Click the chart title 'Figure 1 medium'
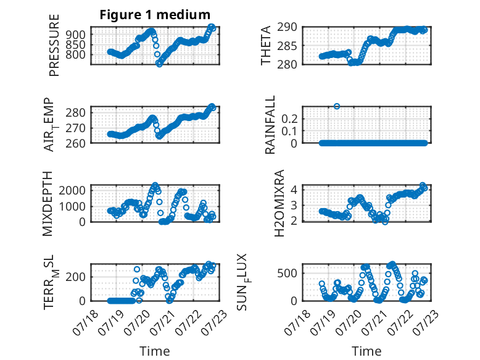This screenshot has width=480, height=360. (155, 15)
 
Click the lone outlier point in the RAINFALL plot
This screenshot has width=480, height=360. (337, 106)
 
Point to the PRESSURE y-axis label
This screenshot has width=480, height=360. (54, 45)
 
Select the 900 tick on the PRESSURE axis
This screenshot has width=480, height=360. (76, 35)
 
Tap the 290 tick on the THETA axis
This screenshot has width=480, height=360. (288, 27)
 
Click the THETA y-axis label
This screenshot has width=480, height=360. (266, 45)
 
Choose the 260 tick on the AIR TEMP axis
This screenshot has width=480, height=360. (75, 143)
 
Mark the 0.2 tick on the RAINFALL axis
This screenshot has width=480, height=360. (289, 119)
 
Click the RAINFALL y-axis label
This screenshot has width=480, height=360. (270, 124)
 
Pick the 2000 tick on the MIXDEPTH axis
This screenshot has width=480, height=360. (72, 190)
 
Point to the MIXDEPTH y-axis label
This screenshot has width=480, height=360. (48, 204)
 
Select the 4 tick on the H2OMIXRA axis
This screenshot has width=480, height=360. (294, 190)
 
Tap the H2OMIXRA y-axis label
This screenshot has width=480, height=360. (279, 203)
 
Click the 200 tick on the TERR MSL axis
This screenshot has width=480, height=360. (76, 277)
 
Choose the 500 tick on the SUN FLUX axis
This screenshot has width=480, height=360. (288, 273)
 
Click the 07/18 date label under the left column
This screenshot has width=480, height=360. (86, 322)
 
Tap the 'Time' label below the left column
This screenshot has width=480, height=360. (155, 351)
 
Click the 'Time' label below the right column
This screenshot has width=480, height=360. (366, 351)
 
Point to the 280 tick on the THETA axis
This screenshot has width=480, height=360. (288, 65)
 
